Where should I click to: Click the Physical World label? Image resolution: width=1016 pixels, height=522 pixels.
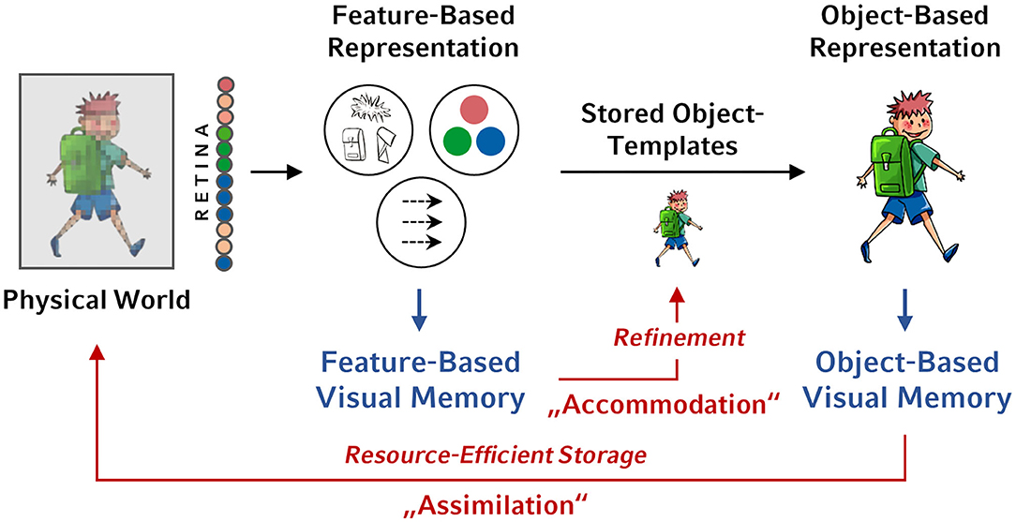(97, 301)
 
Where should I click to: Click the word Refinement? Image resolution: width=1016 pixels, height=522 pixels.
(680, 336)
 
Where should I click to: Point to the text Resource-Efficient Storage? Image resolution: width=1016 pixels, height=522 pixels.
(496, 455)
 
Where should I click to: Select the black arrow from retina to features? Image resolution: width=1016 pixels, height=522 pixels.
(284, 172)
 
